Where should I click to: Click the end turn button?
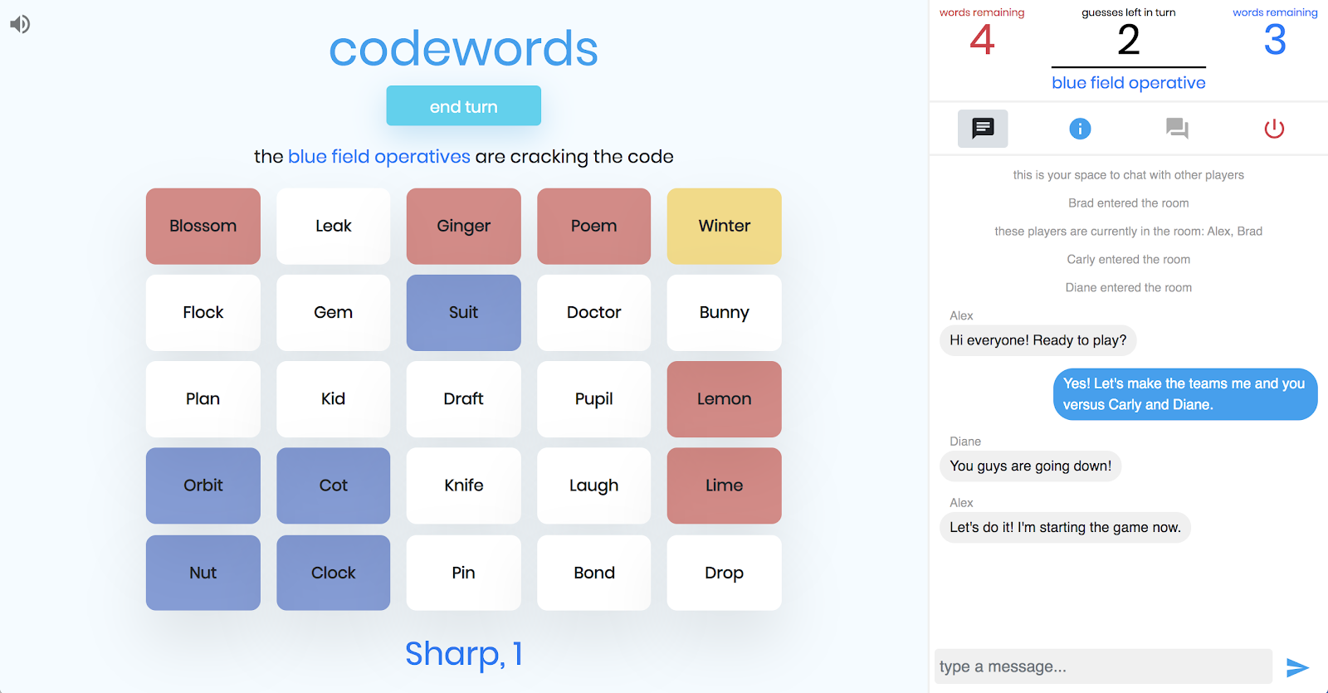[463, 105]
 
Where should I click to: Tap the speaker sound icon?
[20, 24]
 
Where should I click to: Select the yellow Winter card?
[724, 226]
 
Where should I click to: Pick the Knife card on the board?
[463, 486]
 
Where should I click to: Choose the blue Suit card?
[463, 312]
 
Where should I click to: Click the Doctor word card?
[593, 312]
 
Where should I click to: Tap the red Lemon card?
[724, 399]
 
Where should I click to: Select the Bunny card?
[724, 312]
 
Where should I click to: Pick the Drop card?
[724, 573]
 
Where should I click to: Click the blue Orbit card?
[203, 486]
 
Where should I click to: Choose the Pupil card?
[593, 399]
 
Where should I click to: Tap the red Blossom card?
[203, 226]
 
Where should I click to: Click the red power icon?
[1274, 128]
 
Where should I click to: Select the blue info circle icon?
[1080, 129]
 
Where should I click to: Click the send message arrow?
[1297, 667]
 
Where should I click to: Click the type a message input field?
[1103, 666]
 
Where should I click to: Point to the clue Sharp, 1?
[464, 653]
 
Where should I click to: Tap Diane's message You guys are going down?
[1030, 466]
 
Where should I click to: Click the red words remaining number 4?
[982, 41]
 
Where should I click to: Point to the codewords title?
[463, 49]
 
